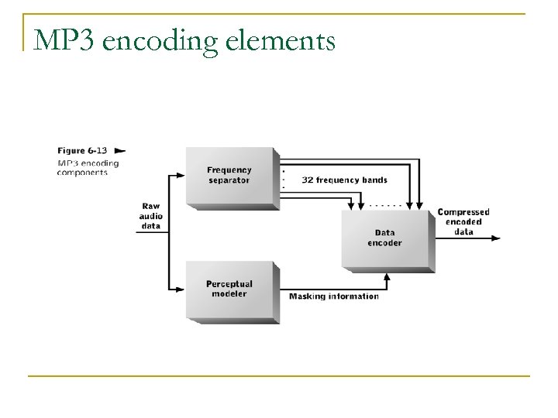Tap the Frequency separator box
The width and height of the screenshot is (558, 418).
(229, 175)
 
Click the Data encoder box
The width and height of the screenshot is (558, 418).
(385, 238)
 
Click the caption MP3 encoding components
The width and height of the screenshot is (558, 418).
(88, 168)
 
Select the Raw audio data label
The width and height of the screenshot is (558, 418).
(151, 215)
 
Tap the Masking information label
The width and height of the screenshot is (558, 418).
(334, 296)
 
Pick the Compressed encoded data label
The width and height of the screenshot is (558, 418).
(463, 221)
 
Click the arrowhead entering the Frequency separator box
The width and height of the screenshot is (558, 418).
(183, 176)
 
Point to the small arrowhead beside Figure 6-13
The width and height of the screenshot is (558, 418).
(120, 150)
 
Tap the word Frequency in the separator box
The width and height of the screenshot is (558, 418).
(229, 170)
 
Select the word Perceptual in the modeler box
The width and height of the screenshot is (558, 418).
(229, 284)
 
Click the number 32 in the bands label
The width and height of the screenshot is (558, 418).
(306, 180)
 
